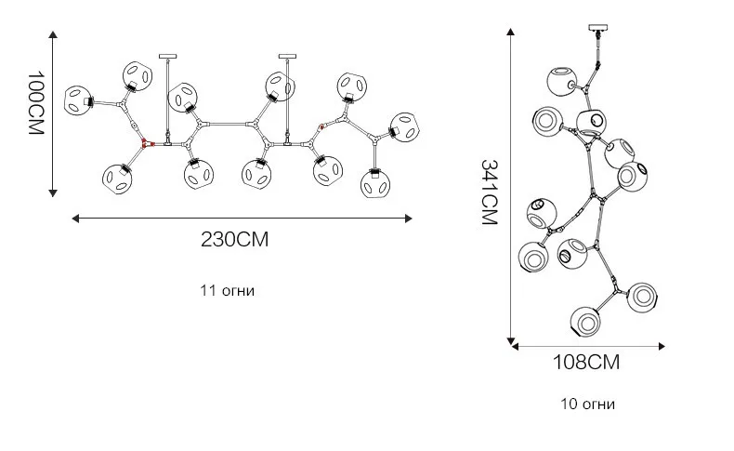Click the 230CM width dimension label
click(235, 239)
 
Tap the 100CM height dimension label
click(35, 103)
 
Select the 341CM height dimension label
click(489, 192)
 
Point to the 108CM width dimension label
click(586, 362)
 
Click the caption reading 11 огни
click(228, 290)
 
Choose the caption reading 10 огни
click(588, 404)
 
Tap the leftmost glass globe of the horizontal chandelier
click(78, 100)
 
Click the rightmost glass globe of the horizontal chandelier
click(405, 126)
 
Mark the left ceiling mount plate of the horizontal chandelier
click(168, 56)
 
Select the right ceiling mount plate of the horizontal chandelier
click(287, 56)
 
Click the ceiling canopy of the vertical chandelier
click(597, 28)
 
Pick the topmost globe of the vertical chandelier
click(562, 82)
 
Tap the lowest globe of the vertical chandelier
click(585, 322)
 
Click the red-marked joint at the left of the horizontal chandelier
click(145, 144)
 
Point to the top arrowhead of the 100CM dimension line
click(53, 34)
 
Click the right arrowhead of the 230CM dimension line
click(408, 219)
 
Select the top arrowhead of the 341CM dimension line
click(511, 32)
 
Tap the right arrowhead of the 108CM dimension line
click(662, 347)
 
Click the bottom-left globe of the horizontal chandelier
click(116, 178)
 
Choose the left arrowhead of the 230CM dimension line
click(76, 219)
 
